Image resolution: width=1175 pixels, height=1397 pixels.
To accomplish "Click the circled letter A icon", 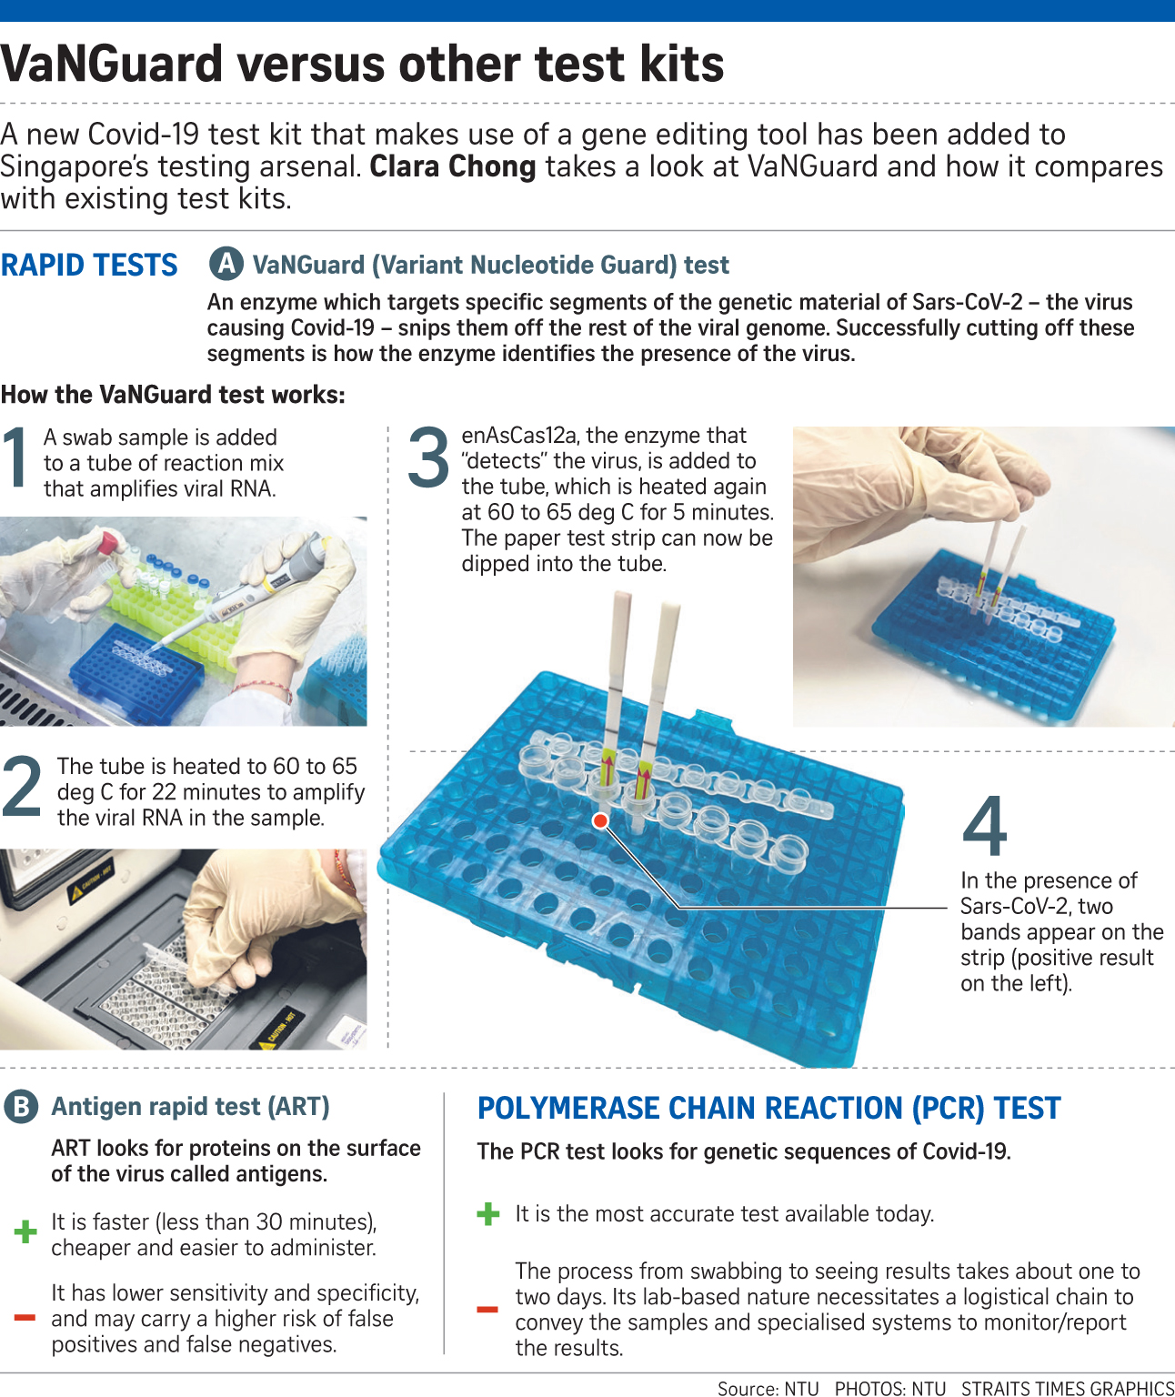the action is (226, 265).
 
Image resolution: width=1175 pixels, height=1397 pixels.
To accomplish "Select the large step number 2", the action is (22, 786).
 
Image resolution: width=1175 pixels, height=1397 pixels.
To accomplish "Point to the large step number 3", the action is (428, 457).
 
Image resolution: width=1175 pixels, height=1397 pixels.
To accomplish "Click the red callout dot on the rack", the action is (600, 820).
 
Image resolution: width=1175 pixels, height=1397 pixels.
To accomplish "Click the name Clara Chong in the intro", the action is (453, 166).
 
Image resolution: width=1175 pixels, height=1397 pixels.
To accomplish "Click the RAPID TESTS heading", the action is (89, 265).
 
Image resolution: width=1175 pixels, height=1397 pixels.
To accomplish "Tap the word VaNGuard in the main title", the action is (111, 64).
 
